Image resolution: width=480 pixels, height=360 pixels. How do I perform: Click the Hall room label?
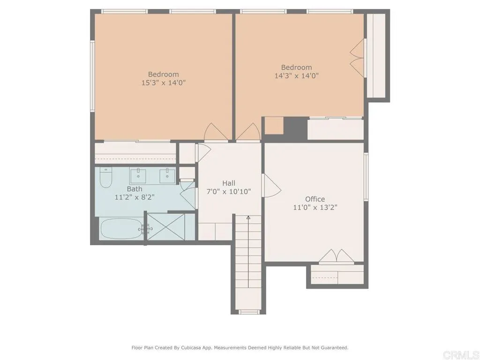click(229, 183)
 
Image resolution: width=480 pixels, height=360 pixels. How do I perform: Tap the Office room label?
click(315, 199)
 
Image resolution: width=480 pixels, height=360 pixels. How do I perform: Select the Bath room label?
click(135, 189)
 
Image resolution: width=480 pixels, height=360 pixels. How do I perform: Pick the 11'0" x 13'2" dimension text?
click(315, 207)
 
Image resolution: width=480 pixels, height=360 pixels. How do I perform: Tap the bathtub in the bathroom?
click(121, 229)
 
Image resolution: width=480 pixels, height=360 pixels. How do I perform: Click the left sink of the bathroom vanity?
click(138, 176)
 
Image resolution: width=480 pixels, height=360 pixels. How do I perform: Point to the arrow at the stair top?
click(248, 217)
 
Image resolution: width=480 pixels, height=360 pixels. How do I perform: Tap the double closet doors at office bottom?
click(336, 256)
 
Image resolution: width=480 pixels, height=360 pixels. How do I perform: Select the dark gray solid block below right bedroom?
click(295, 127)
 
